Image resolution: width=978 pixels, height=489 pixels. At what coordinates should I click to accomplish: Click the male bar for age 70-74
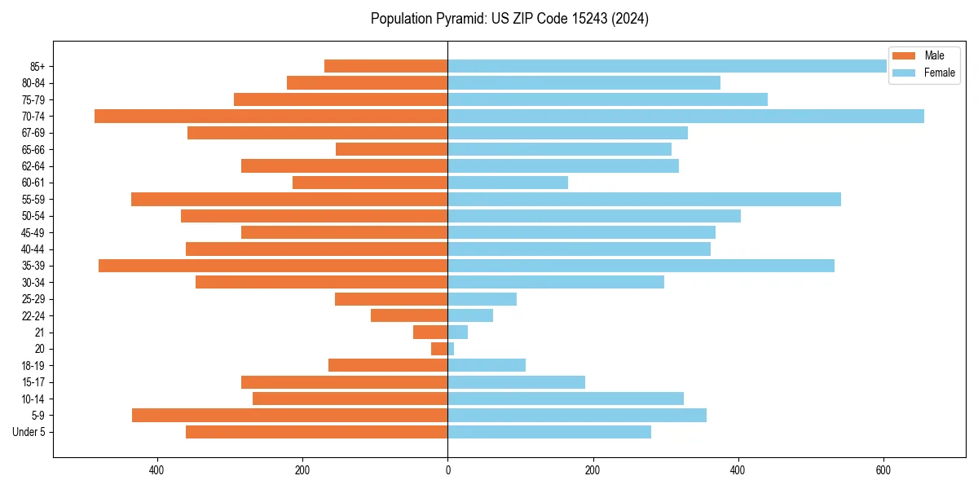tap(271, 116)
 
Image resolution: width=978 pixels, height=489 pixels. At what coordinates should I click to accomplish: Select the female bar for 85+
tap(667, 66)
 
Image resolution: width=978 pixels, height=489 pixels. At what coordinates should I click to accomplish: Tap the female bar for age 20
tap(451, 349)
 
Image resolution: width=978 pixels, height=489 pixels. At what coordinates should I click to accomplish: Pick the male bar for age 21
tap(430, 333)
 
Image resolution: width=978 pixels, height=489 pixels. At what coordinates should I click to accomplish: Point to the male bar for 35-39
tap(273, 266)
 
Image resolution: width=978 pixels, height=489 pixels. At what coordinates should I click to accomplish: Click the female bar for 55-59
tap(644, 200)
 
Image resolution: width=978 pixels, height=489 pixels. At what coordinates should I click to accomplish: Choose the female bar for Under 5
tap(549, 432)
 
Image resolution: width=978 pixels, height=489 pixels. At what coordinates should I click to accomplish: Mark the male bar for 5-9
tap(289, 416)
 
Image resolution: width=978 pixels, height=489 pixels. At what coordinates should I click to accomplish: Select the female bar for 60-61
tap(508, 183)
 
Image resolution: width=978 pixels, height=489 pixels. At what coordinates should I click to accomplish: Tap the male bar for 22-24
tap(409, 315)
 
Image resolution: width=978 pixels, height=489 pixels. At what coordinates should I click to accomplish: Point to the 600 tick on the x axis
tap(883, 470)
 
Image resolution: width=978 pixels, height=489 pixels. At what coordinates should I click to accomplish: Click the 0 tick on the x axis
tap(447, 470)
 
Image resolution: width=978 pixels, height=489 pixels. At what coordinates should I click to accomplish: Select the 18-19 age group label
tap(33, 366)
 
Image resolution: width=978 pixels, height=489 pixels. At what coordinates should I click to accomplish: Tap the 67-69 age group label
tap(33, 133)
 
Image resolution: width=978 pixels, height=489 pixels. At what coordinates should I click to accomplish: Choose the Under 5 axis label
tap(29, 432)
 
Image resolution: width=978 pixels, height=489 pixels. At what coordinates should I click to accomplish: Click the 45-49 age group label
tap(33, 232)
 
